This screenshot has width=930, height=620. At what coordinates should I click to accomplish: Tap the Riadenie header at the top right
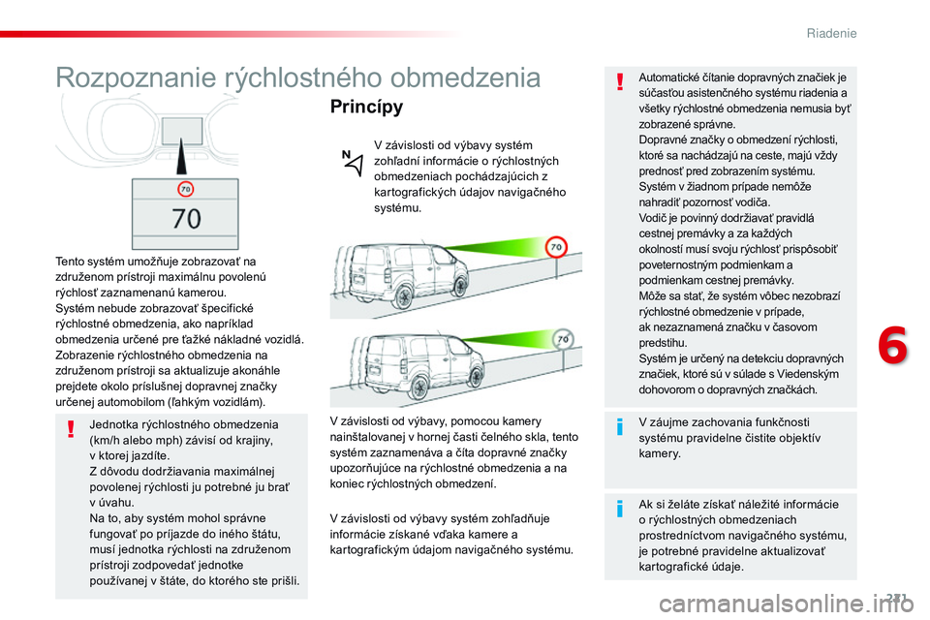click(831, 34)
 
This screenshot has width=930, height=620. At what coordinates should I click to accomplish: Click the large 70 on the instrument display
click(186, 218)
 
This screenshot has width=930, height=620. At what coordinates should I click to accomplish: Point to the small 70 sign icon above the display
click(184, 190)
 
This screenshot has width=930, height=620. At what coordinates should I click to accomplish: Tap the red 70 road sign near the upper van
click(556, 247)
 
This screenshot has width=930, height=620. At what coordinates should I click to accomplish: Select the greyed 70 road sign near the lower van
click(561, 339)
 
